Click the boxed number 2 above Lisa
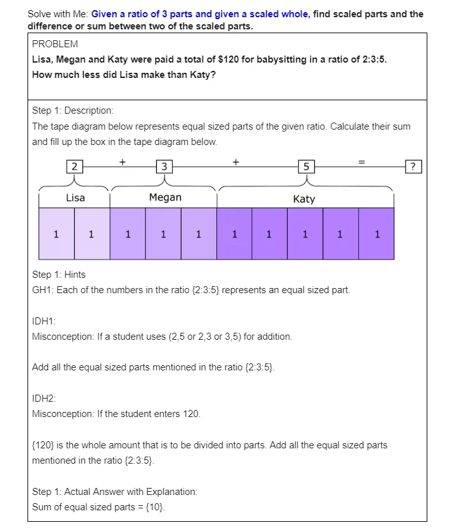click(75, 167)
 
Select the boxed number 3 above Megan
click(165, 167)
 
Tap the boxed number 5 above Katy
click(306, 167)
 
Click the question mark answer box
click(415, 167)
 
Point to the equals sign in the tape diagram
click(361, 162)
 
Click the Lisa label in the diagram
click(75, 197)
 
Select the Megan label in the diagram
click(165, 197)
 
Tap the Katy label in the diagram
click(304, 199)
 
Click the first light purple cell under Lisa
click(56, 234)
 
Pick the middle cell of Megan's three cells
click(163, 234)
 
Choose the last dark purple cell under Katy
click(377, 234)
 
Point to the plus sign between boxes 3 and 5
click(235, 162)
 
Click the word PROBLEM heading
click(55, 44)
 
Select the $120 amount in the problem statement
click(229, 59)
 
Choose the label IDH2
click(44, 398)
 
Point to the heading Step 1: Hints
click(59, 275)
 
